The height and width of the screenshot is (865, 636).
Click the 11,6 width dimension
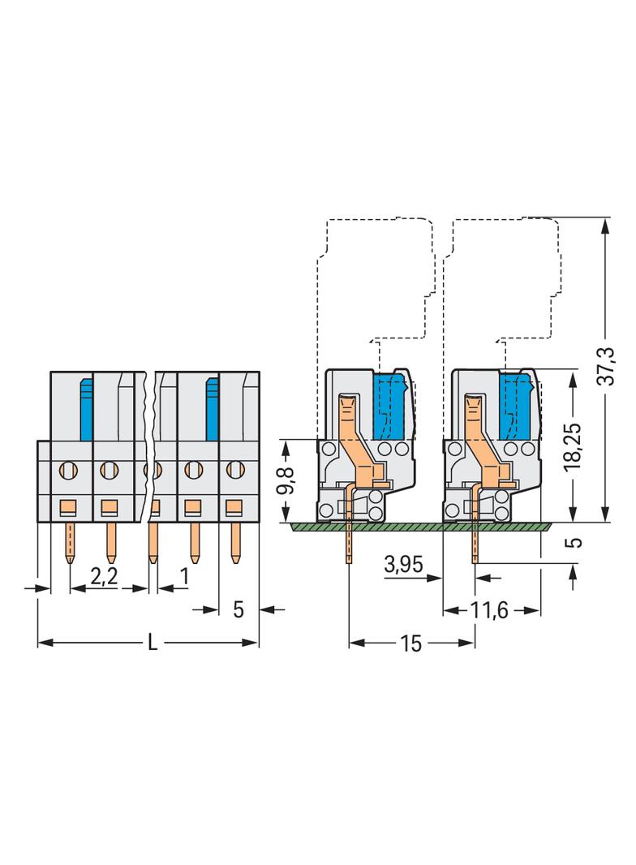(490, 610)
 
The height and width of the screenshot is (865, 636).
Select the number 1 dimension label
(184, 576)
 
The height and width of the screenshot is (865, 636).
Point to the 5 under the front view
(238, 609)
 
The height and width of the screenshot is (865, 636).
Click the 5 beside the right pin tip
(574, 542)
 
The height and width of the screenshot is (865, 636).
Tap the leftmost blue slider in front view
(85, 408)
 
